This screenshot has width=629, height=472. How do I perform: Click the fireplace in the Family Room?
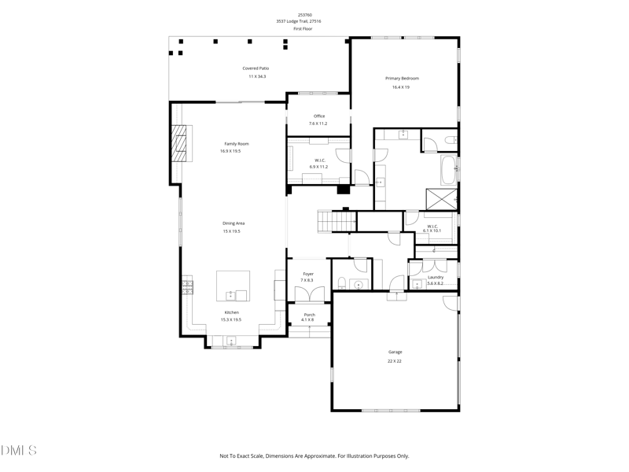pos(182,143)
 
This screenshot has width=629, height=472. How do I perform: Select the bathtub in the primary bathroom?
pos(449,169)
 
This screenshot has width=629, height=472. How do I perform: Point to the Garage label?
pos(395,352)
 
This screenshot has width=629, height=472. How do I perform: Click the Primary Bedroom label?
pos(401,78)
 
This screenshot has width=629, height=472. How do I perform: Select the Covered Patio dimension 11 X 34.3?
pos(257,76)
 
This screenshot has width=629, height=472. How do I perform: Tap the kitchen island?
pos(234,286)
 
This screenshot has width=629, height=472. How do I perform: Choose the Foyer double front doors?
pos(307,293)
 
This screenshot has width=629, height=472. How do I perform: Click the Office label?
pos(318,116)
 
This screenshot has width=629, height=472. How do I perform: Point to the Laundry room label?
pos(435,277)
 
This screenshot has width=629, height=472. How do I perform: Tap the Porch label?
pos(309,315)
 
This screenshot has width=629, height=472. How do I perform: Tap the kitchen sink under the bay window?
pos(231,341)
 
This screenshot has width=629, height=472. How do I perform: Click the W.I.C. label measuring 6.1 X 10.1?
pos(432,227)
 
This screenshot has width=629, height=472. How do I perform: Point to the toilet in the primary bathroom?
pos(447,141)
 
